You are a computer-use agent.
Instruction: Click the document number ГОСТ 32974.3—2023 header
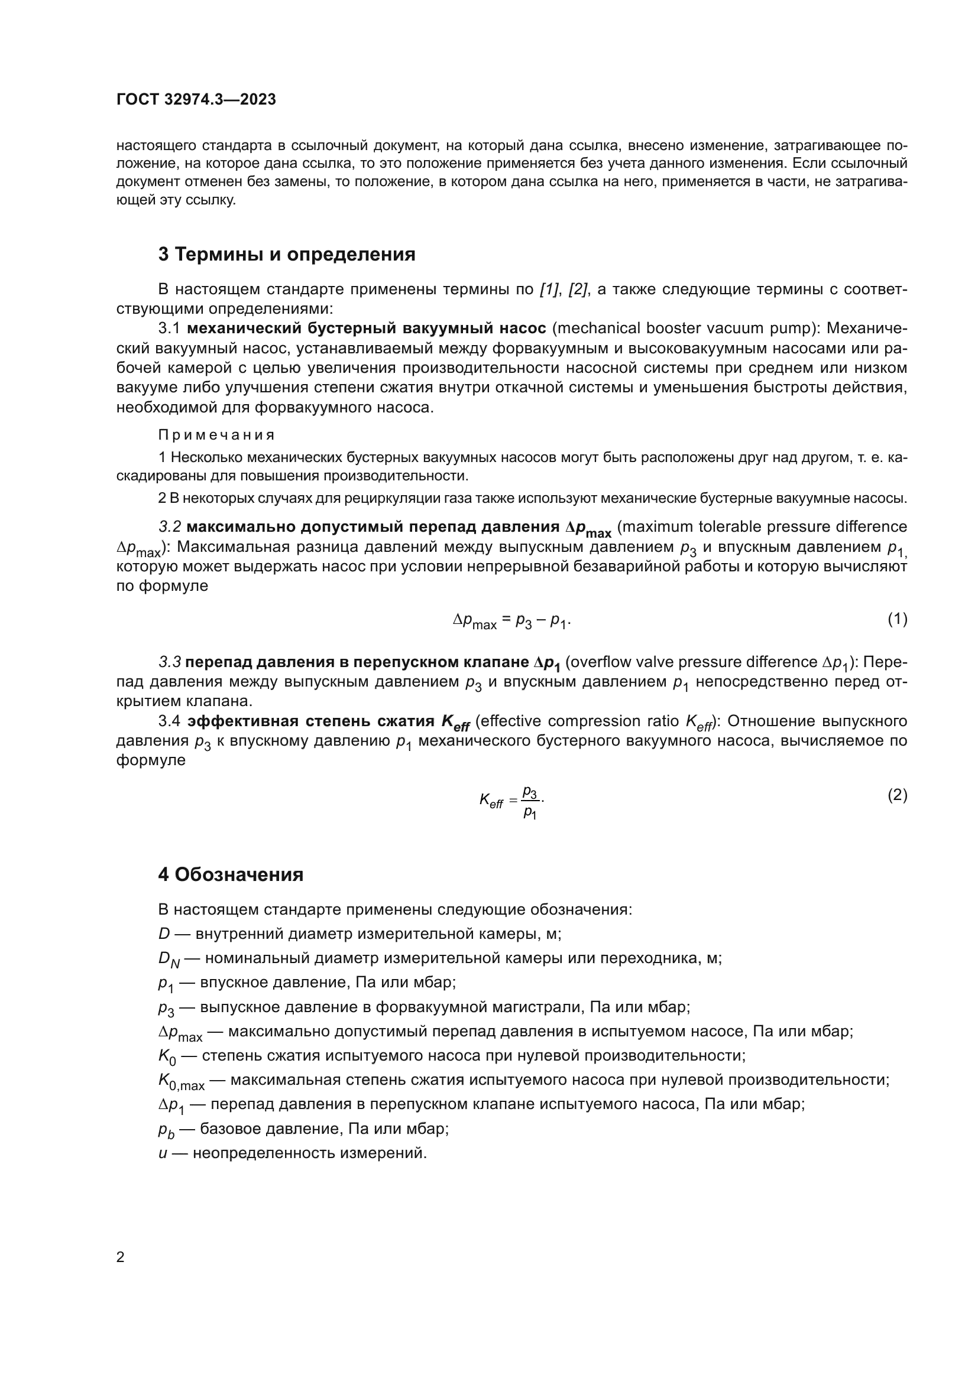coord(196,99)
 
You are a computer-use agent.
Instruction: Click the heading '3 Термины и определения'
coord(287,255)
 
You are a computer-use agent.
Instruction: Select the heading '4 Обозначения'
coord(231,874)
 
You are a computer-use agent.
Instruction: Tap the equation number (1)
coord(897,619)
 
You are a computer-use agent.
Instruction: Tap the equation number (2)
coord(897,795)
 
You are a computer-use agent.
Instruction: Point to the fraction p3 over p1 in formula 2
coord(530,802)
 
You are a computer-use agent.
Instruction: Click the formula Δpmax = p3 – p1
coord(511,620)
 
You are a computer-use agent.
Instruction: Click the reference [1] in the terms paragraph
coord(549,290)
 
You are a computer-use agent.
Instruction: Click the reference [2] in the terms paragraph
coord(578,290)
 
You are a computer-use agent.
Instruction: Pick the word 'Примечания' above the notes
coord(217,435)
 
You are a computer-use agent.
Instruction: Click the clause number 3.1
coord(169,329)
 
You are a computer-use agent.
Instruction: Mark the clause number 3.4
coord(169,721)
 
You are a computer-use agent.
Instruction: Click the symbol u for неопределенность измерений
coord(163,1153)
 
